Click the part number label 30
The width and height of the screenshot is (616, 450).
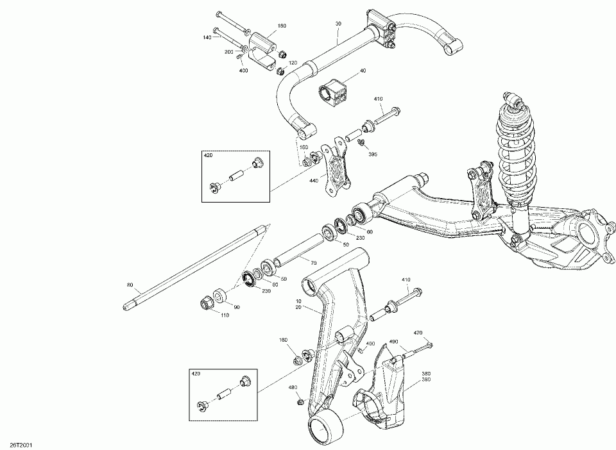click(x=338, y=24)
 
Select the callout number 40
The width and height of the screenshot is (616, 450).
click(x=363, y=71)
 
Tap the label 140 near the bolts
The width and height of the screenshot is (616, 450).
click(x=207, y=38)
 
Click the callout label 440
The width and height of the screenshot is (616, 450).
click(x=313, y=181)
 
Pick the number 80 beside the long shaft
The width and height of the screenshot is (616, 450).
click(x=131, y=285)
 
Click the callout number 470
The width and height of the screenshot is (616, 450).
click(x=418, y=333)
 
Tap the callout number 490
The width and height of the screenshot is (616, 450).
click(x=394, y=343)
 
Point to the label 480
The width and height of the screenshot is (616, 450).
click(x=293, y=387)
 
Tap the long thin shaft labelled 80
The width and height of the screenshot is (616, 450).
click(x=193, y=269)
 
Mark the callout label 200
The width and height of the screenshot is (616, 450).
click(x=229, y=52)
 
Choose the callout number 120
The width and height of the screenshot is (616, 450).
click(x=293, y=63)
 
